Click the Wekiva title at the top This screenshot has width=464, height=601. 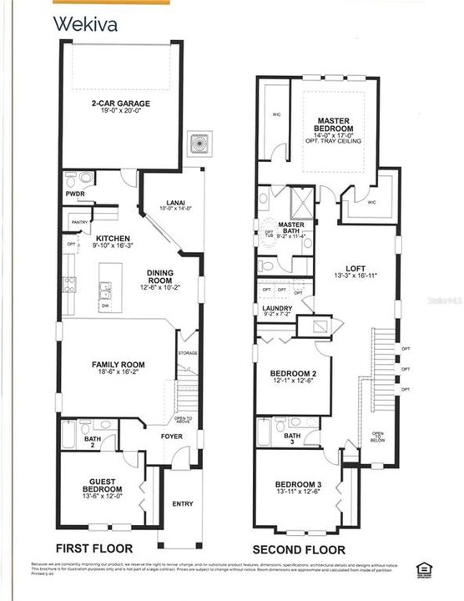[x=85, y=23]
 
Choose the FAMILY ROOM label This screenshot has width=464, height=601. [x=118, y=365]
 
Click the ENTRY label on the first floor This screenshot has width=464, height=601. [x=183, y=503]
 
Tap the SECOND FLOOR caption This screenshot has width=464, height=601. [x=300, y=550]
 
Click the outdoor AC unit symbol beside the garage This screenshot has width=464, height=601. [x=199, y=143]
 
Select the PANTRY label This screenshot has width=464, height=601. [x=80, y=222]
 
